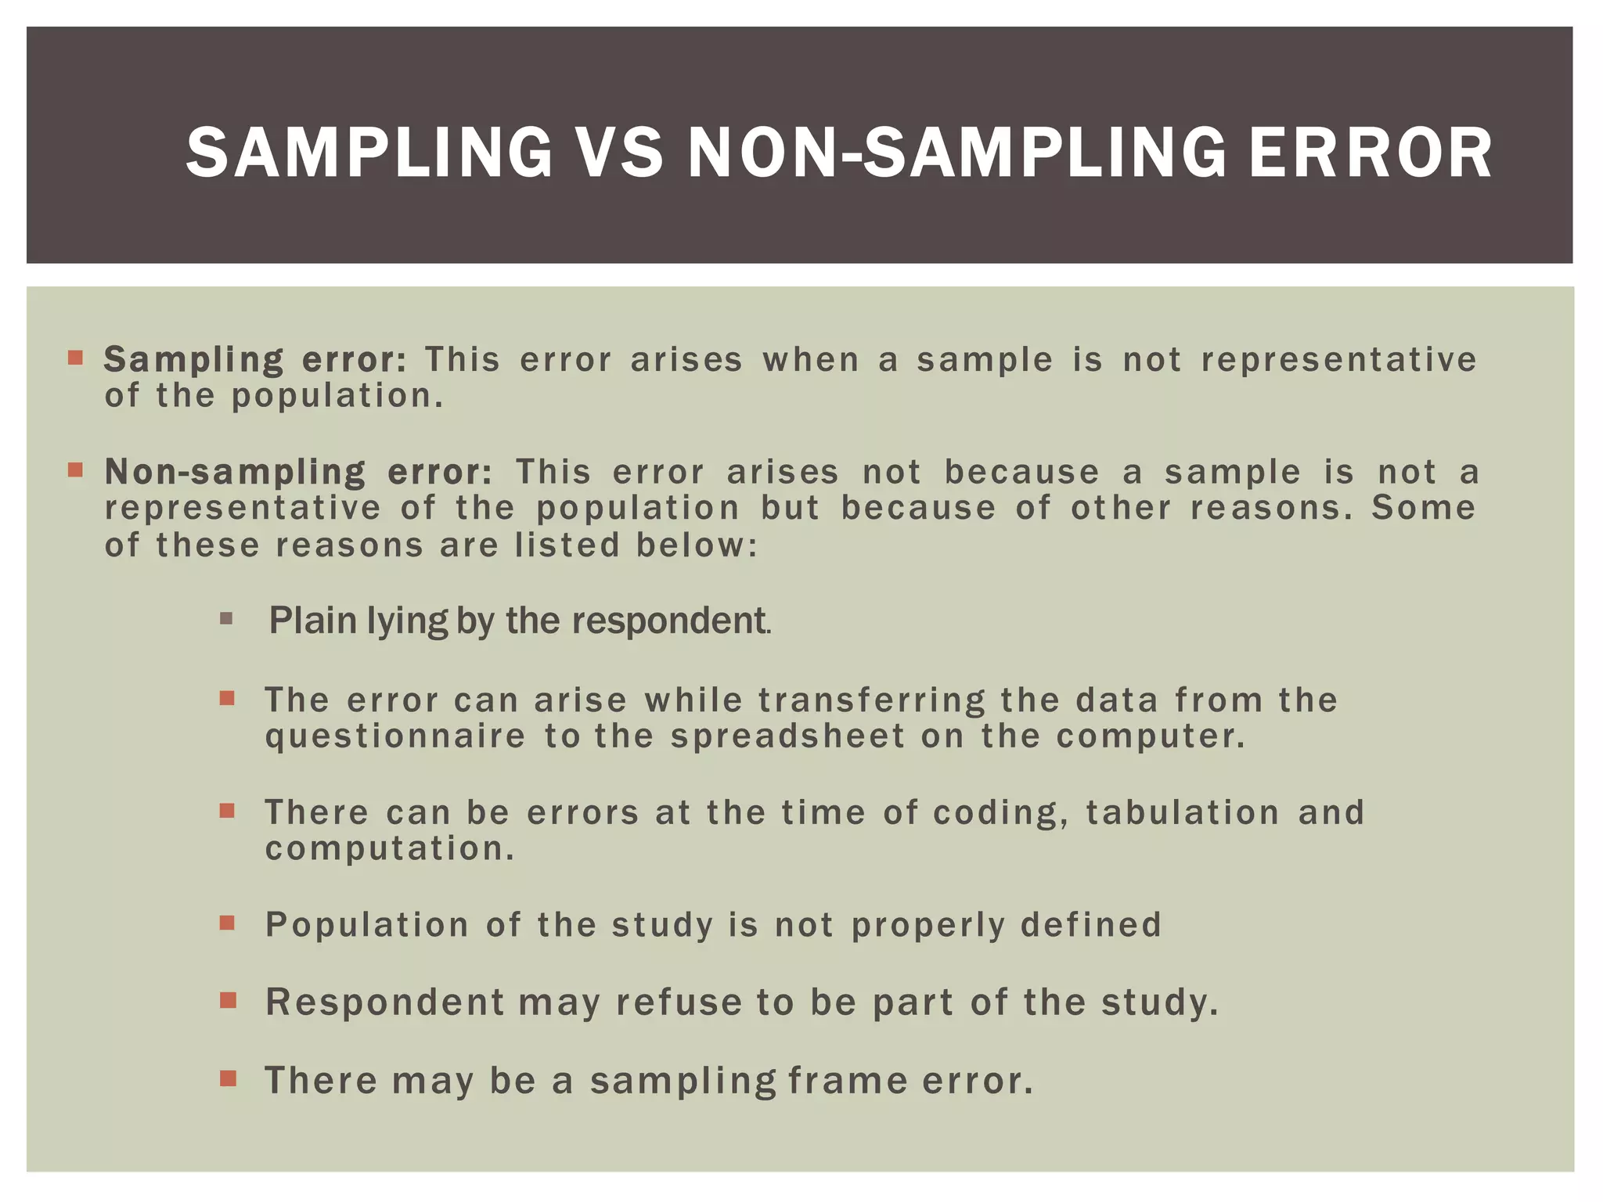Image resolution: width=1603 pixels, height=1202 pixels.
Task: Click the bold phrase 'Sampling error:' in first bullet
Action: pos(255,360)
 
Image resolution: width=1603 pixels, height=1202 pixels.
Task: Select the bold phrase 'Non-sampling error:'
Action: pos(298,472)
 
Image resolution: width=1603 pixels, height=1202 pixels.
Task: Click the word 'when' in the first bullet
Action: pos(810,360)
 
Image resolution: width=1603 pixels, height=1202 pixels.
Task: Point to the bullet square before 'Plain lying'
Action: pos(227,620)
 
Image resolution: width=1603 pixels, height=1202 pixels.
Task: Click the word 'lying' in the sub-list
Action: pos(407,621)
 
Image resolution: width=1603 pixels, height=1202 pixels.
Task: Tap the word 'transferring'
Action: pos(871,700)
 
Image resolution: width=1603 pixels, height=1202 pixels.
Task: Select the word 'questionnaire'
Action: pos(395,736)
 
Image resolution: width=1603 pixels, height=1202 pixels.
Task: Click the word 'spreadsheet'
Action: pos(787,736)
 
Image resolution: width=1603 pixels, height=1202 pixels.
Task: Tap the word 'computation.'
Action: pos(390,849)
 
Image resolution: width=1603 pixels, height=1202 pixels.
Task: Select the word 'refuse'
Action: pos(678,1002)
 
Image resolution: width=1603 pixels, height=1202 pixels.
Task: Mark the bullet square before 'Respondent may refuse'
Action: pos(228,1000)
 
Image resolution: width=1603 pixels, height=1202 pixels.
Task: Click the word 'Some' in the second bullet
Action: pos(1424,508)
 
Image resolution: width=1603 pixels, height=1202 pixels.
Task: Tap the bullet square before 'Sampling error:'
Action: pos(75,358)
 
